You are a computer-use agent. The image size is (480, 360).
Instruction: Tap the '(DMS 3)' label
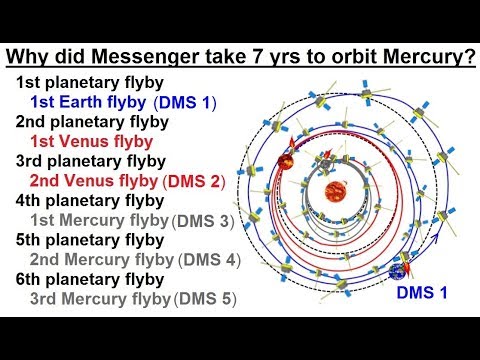(206, 220)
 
